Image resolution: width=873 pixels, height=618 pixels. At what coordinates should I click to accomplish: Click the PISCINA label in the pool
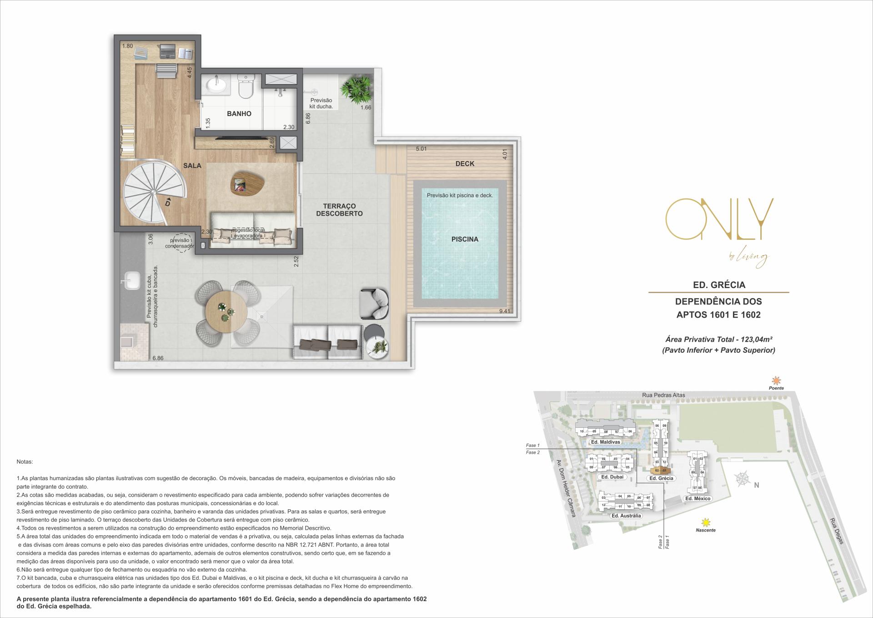(464, 239)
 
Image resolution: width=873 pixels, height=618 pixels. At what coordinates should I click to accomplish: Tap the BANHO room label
(239, 114)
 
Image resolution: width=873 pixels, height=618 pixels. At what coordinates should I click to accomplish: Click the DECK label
(465, 164)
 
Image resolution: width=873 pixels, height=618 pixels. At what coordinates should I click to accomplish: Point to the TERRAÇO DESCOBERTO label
(339, 210)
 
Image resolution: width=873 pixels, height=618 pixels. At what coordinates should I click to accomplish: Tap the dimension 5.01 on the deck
(421, 149)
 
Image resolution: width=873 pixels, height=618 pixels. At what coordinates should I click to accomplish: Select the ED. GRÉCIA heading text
(718, 285)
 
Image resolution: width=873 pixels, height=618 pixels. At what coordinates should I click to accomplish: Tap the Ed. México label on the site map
(697, 499)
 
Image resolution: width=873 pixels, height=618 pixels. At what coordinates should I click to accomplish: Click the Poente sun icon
(776, 380)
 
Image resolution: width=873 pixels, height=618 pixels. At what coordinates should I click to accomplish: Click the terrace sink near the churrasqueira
(133, 279)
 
